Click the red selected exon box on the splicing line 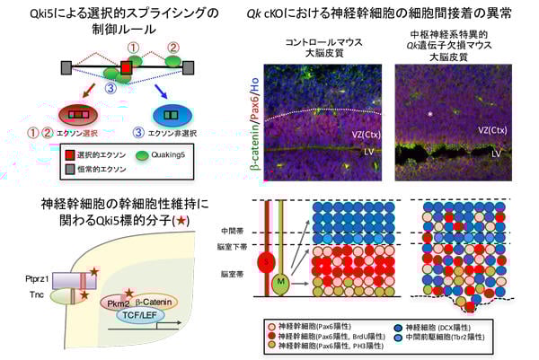point(128,68)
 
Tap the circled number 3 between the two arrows point(110,88)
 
